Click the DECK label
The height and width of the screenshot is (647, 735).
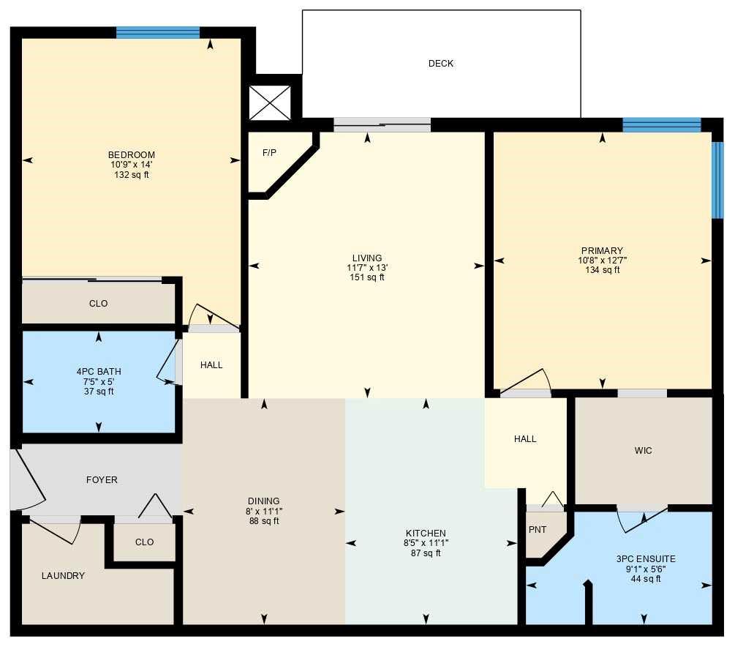(x=440, y=64)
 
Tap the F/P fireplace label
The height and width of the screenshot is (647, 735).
(x=269, y=153)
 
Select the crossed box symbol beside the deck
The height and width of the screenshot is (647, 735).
(x=270, y=102)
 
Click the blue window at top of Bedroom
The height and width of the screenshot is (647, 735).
(x=158, y=32)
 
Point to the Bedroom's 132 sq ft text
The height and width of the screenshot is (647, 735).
(x=132, y=175)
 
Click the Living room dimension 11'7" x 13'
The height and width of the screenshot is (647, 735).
(x=366, y=268)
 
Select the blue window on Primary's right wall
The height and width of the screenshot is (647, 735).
(x=717, y=180)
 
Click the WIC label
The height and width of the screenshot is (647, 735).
(x=643, y=451)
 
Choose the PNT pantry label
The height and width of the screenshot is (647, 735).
(x=538, y=531)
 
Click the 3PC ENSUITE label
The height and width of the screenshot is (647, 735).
(x=646, y=559)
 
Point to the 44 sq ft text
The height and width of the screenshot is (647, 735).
(x=646, y=579)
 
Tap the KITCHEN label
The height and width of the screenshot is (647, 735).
(x=426, y=534)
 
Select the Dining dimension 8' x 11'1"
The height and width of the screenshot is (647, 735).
(x=263, y=512)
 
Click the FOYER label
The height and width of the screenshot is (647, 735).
(x=102, y=480)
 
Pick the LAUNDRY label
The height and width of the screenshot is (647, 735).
(x=63, y=576)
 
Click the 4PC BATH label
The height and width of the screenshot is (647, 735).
(x=99, y=372)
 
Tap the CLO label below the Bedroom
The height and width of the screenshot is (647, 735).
(x=99, y=304)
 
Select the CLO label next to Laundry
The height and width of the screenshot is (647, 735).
(x=145, y=542)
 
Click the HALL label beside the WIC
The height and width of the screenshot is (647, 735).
(x=525, y=439)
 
